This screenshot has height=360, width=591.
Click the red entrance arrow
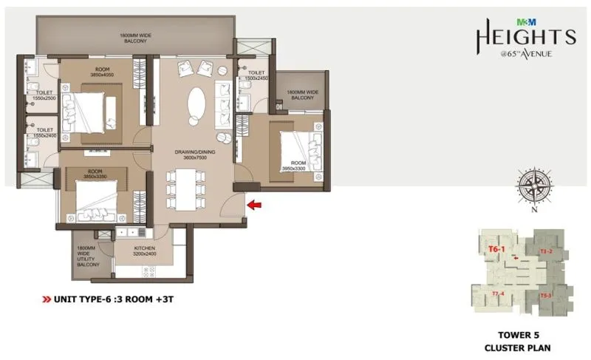253,205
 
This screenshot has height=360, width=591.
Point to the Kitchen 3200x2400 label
145,253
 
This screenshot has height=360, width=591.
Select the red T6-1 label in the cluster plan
496,249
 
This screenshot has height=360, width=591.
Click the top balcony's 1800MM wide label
134,38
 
